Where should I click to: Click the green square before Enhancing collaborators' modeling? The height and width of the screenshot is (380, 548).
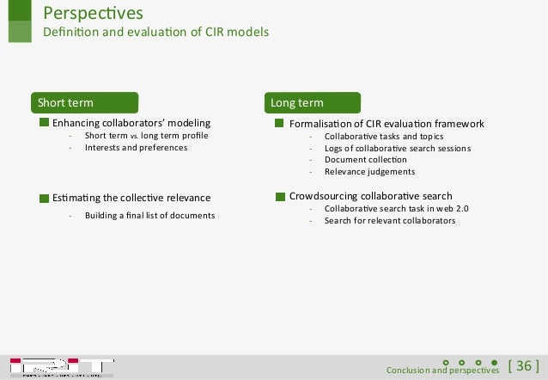tap(45, 124)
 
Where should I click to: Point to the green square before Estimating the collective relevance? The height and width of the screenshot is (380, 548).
tap(45, 198)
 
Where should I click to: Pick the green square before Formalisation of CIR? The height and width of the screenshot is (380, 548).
tap(280, 124)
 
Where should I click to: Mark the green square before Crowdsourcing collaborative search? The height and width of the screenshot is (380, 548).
tap(280, 196)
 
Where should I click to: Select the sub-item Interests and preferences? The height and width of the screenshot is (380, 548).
tap(136, 148)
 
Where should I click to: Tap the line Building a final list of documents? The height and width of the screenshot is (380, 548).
tap(149, 215)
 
